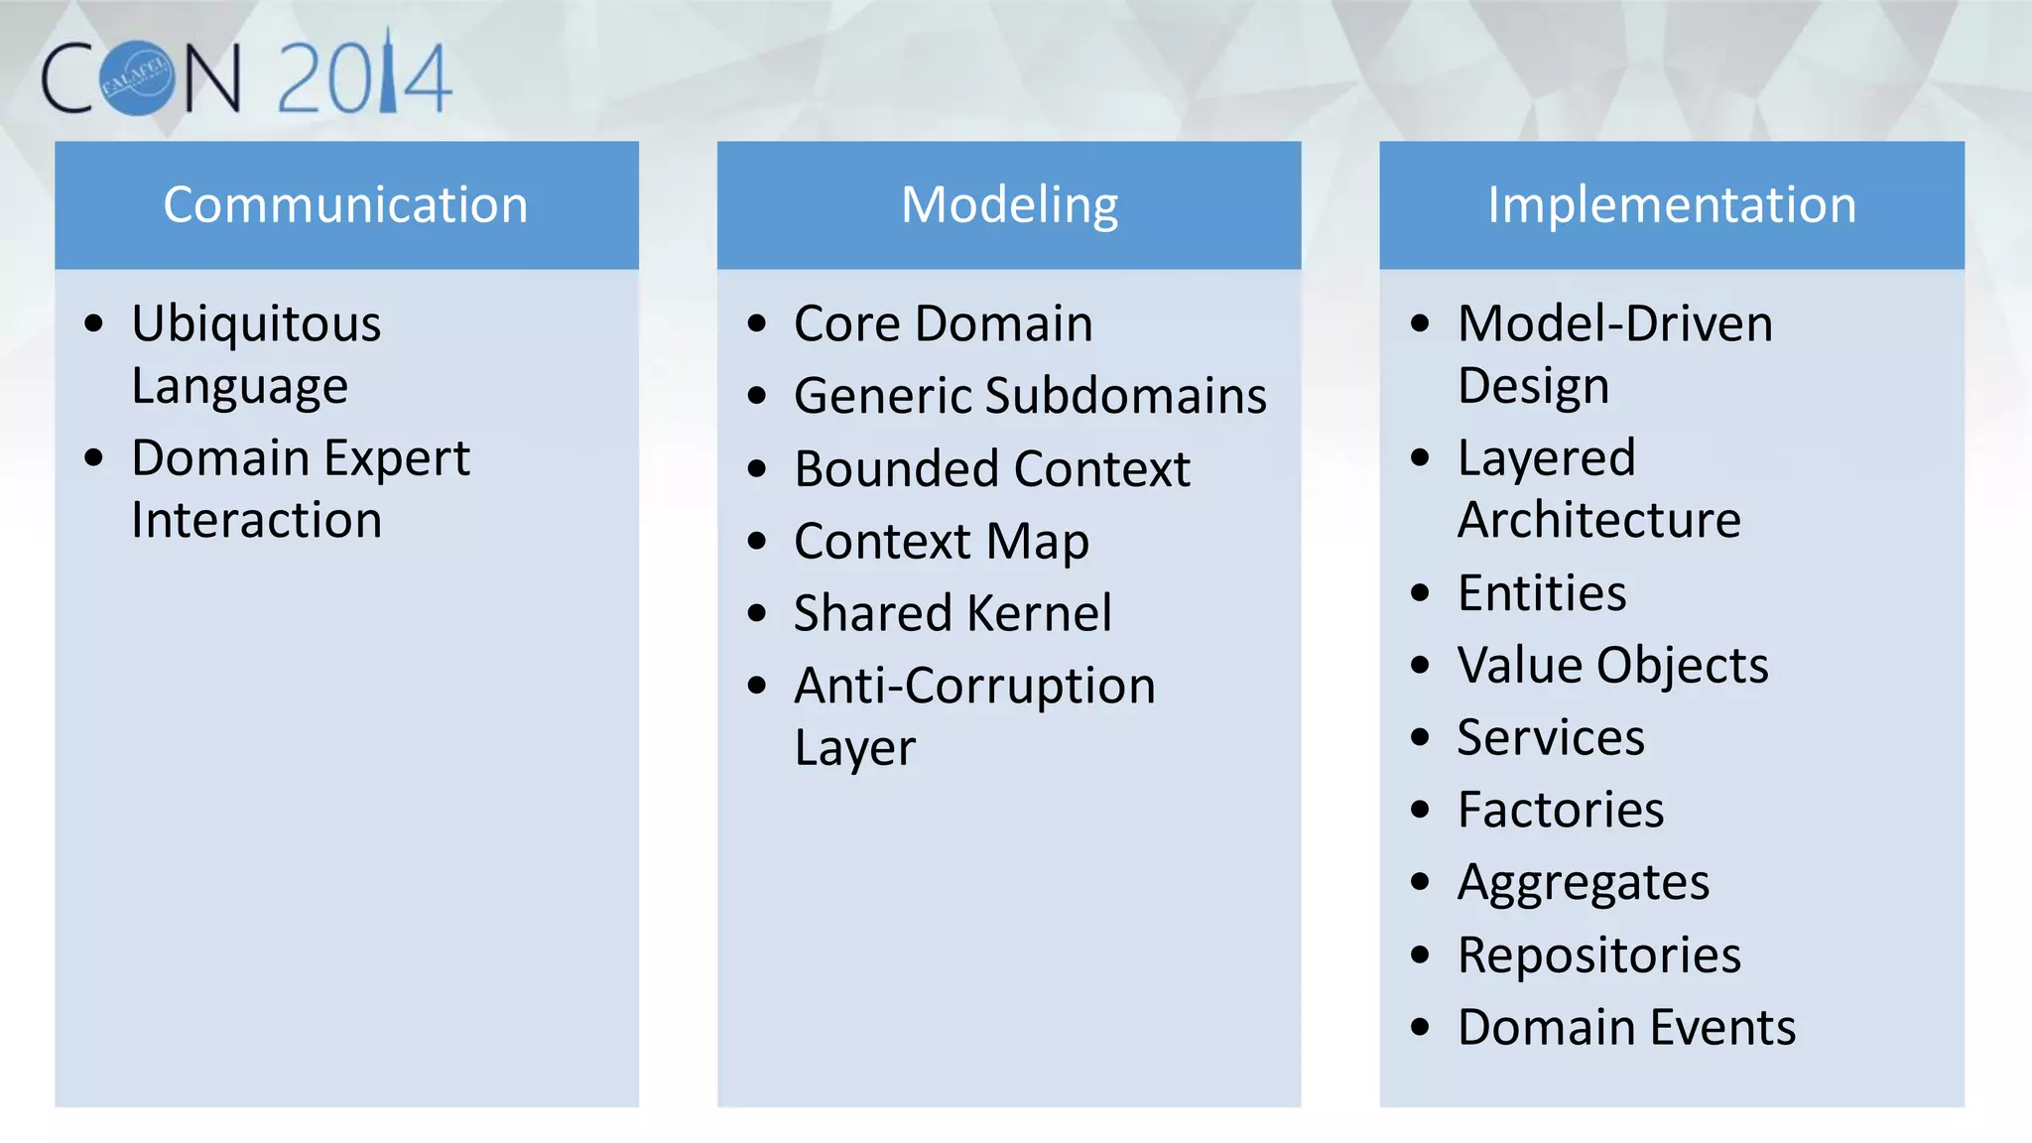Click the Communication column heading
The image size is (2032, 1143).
pyautogui.click(x=345, y=205)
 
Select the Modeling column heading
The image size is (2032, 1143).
pyautogui.click(x=1009, y=205)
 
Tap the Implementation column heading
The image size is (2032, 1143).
pyautogui.click(x=1672, y=205)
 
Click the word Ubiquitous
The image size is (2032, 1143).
pyautogui.click(x=256, y=324)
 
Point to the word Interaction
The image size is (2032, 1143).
pyautogui.click(x=256, y=521)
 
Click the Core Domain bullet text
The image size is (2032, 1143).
pyautogui.click(x=943, y=324)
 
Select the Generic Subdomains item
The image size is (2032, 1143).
pyautogui.click(x=1030, y=396)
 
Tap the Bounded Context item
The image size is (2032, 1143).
pyautogui.click(x=992, y=468)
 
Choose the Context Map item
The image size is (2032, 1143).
pyautogui.click(x=941, y=542)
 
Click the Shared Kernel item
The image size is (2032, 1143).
pyautogui.click(x=952, y=613)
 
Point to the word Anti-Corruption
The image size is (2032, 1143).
pyautogui.click(x=974, y=687)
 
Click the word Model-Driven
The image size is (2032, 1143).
pyautogui.click(x=1614, y=324)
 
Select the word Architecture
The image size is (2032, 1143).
pyautogui.click(x=1598, y=521)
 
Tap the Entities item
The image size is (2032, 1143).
pyautogui.click(x=1542, y=593)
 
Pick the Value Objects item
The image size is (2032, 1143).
pyautogui.click(x=1612, y=666)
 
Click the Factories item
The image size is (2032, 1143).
pyautogui.click(x=1560, y=810)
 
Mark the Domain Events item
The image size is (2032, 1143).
pyautogui.click(x=1626, y=1028)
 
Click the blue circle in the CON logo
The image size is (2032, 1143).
pyautogui.click(x=138, y=78)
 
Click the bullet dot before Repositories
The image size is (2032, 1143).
pyautogui.click(x=1420, y=955)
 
